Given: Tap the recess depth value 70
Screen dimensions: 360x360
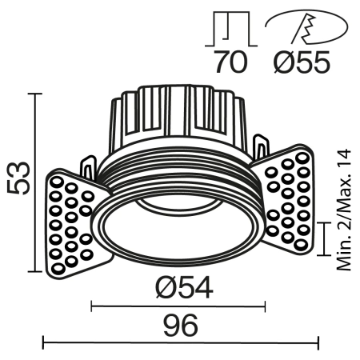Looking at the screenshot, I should pos(231,62).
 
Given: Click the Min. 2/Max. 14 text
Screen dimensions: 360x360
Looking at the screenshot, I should pos(344,210).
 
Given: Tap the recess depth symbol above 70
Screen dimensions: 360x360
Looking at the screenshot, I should pos(231,28).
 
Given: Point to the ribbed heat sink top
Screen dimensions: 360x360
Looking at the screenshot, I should pos(181,112).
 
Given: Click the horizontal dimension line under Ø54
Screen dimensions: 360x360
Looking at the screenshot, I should pos(178,305).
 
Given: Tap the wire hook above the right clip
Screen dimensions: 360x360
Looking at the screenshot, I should pos(262,147).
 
